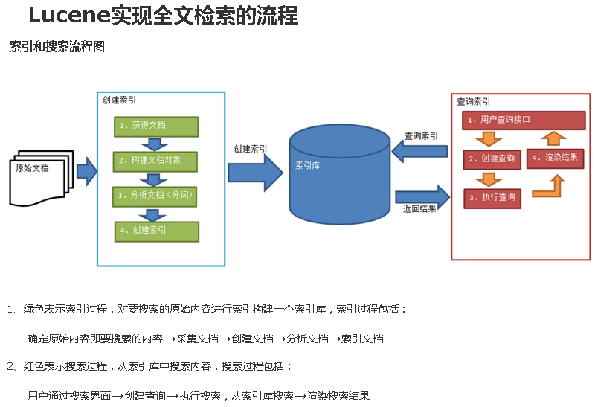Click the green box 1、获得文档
(156, 126)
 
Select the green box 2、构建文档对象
(155, 161)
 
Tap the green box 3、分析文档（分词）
(155, 196)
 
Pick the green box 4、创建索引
(157, 231)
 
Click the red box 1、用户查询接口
(524, 121)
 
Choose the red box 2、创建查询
(492, 159)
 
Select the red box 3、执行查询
(492, 199)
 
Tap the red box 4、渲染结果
(555, 158)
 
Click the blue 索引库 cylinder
(340, 174)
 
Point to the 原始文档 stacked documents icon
(41, 178)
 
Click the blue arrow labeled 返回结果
(422, 197)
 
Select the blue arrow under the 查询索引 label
(419, 152)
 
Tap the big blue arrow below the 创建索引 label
(255, 173)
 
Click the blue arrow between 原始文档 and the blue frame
(87, 171)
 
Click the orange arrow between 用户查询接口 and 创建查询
(489, 139)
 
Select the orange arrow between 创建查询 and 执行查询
(489, 179)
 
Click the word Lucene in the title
(69, 16)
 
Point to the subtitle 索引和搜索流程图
(57, 47)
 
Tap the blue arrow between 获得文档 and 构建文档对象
(155, 144)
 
